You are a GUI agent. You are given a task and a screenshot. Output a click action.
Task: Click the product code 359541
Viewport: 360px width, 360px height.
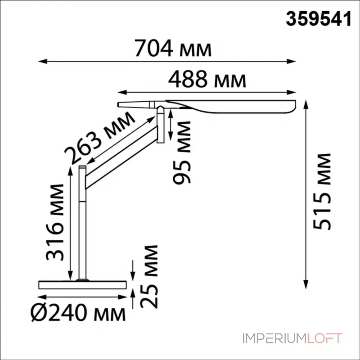pyautogui.click(x=319, y=19)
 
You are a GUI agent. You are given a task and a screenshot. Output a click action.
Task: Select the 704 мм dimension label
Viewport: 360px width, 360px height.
pyautogui.click(x=173, y=48)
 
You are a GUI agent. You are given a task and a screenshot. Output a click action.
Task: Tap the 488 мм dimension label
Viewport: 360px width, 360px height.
pyautogui.click(x=207, y=79)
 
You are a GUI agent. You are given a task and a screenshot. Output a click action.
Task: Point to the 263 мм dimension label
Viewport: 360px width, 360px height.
pyautogui.click(x=99, y=138)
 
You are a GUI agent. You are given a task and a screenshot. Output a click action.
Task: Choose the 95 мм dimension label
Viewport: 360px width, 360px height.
pyautogui.click(x=182, y=153)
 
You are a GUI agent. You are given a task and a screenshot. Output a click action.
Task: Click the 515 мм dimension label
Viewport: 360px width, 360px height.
pyautogui.click(x=322, y=192)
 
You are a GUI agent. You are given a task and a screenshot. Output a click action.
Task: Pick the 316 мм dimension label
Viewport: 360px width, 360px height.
pyautogui.click(x=54, y=222)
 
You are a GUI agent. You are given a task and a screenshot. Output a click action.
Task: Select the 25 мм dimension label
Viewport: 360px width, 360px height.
pyautogui.click(x=149, y=277)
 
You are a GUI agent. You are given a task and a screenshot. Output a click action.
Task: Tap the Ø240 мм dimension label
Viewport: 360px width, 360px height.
pyautogui.click(x=78, y=313)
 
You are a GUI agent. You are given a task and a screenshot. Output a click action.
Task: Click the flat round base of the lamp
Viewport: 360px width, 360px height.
pyautogui.click(x=82, y=285)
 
